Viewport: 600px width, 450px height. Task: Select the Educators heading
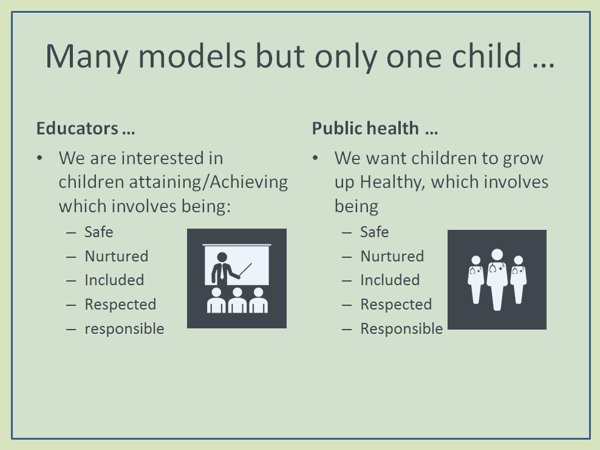click(86, 128)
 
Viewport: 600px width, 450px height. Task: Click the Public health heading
click(375, 128)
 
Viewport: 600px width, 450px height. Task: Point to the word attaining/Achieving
click(208, 182)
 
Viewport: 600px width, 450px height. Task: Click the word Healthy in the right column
click(392, 182)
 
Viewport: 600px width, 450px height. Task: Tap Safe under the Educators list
click(99, 232)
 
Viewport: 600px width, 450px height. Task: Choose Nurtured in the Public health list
click(392, 256)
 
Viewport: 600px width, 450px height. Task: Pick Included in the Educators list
click(114, 280)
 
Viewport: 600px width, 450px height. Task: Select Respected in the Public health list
click(396, 304)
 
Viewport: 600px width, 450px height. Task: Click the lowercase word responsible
click(124, 329)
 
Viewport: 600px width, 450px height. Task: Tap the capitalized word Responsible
click(402, 329)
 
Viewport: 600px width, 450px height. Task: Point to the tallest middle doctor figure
click(497, 280)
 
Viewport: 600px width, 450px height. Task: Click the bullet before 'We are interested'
click(40, 158)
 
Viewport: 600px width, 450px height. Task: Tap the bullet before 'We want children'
click(315, 158)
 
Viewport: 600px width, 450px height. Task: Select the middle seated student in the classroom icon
click(237, 300)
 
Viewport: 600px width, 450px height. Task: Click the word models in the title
click(192, 55)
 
